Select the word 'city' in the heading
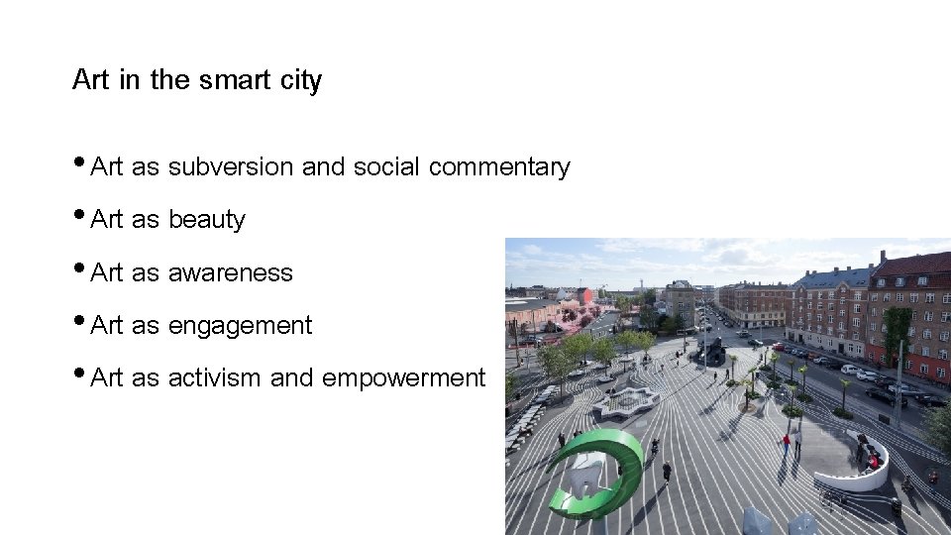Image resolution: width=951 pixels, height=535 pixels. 301,81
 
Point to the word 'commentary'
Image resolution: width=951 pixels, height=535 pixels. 499,167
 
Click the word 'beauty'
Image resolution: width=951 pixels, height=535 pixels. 206,220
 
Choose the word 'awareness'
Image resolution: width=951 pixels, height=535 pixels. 230,272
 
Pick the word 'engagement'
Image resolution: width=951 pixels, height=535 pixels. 240,326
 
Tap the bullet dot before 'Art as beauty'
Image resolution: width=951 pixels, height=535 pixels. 79,215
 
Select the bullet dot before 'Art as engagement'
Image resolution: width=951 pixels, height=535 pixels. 79,321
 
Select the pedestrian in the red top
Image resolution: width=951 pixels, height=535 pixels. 788,443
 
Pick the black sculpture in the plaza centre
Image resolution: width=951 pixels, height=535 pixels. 713,351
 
